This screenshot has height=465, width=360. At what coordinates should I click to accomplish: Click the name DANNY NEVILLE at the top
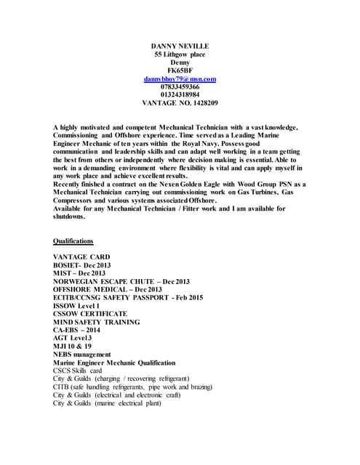coord(179,45)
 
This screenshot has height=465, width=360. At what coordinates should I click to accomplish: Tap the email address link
coord(180,77)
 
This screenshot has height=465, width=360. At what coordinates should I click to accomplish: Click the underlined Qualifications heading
coord(73,240)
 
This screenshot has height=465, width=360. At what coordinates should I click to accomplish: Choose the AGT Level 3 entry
coord(73,338)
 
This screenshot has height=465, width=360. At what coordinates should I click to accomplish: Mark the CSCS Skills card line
coord(77,370)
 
